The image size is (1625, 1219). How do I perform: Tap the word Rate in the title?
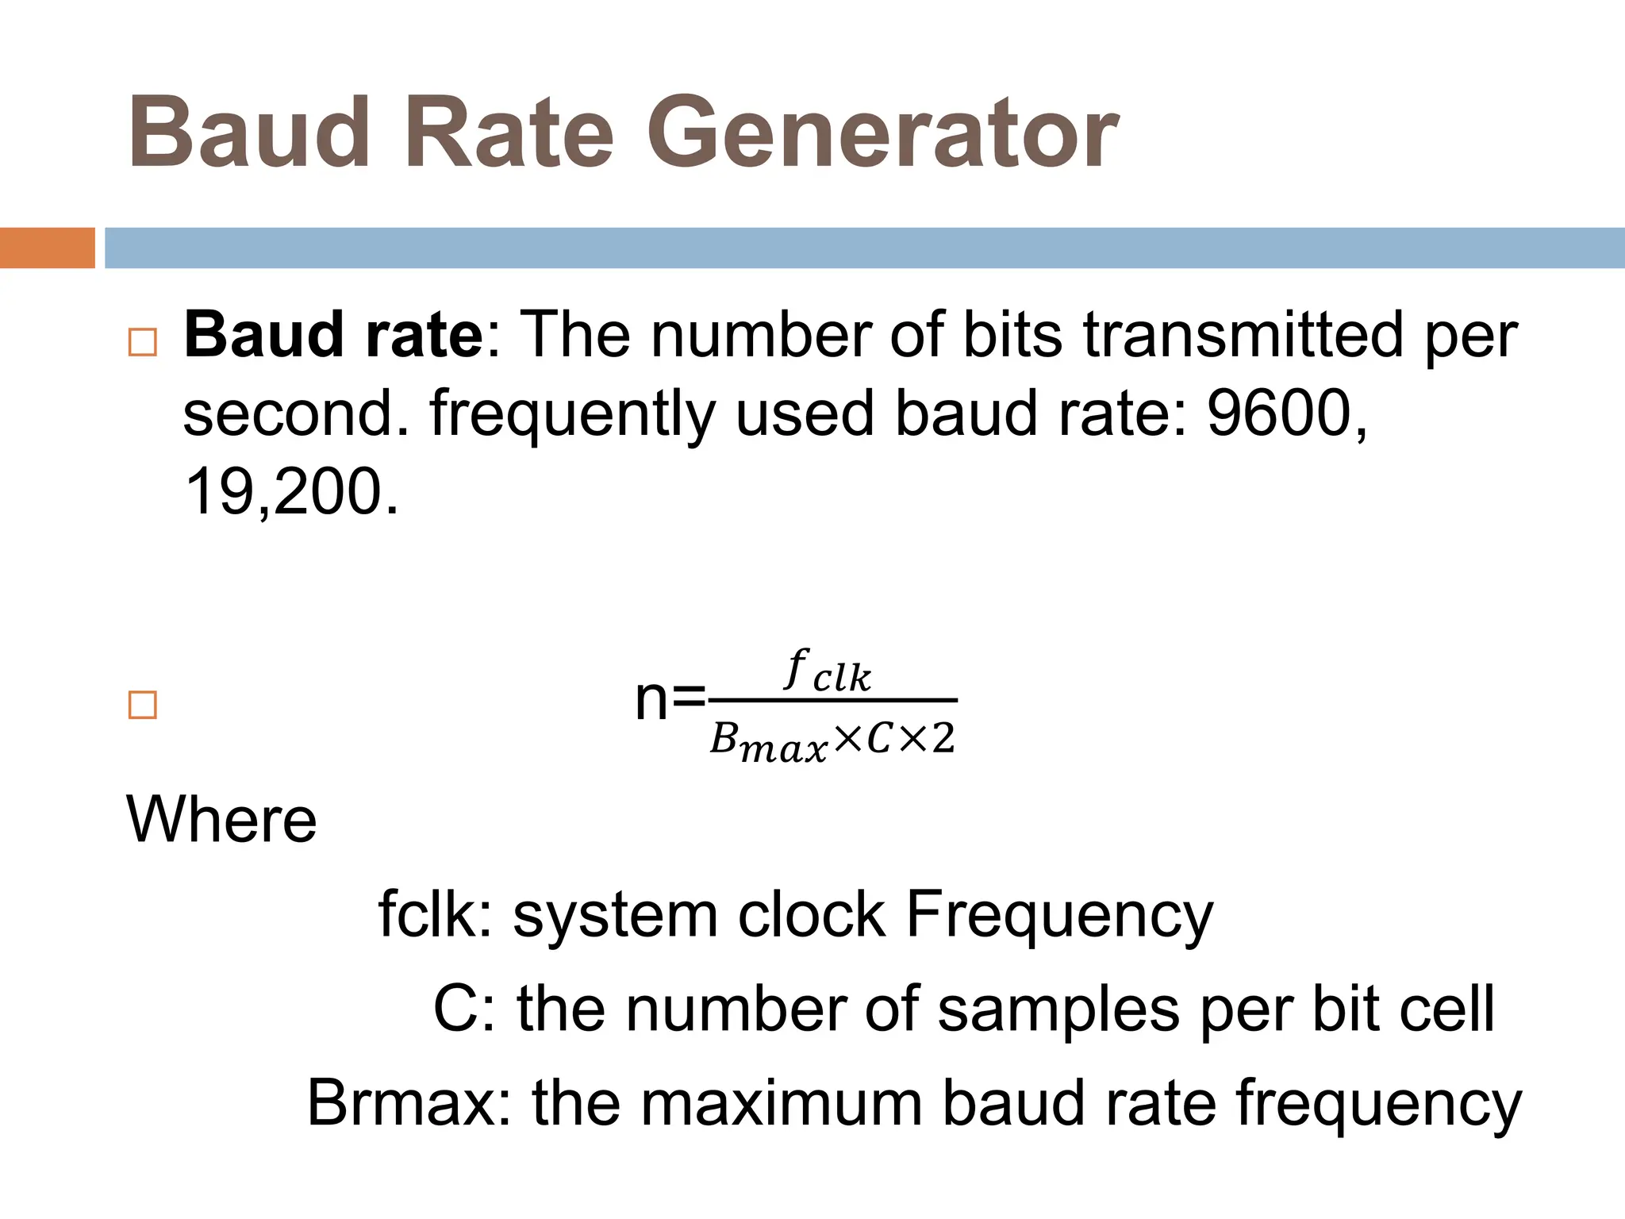(x=509, y=133)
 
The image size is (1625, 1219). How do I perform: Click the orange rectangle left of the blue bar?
(x=47, y=248)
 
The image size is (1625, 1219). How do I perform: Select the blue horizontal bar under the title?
(x=865, y=248)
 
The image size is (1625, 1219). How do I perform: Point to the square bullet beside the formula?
(x=143, y=705)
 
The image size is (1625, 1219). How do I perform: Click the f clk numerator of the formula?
(x=828, y=671)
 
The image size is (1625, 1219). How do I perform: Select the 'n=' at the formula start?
(x=670, y=700)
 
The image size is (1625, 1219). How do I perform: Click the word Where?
(x=221, y=819)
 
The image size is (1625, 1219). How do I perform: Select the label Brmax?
(x=409, y=1103)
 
